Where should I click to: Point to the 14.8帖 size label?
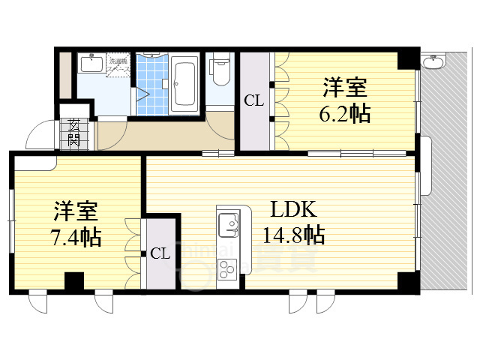click(293, 235)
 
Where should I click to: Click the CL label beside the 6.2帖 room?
click(254, 100)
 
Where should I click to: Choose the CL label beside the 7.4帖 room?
click(160, 253)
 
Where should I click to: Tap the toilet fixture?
click(220, 70)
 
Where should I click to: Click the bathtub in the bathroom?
click(184, 81)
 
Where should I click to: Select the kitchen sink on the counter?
click(227, 223)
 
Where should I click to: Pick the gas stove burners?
click(226, 267)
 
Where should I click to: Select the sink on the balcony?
click(432, 60)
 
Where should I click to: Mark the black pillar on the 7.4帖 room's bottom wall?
click(73, 281)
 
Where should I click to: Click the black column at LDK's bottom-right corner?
click(408, 282)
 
